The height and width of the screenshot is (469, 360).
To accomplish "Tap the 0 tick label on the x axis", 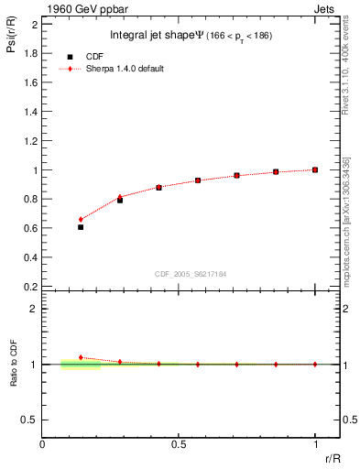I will [x=42, y=443].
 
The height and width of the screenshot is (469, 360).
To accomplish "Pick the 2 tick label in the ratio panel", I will [x=34, y=309].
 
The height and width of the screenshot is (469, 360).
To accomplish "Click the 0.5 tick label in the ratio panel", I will [x=30, y=420].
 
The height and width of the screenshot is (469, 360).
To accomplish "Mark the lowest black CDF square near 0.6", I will [x=81, y=226].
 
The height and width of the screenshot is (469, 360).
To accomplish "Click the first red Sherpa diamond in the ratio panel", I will [x=81, y=357].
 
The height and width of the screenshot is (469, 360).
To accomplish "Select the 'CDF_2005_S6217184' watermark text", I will [x=191, y=273].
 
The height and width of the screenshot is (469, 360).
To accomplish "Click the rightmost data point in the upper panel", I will [x=315, y=169].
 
